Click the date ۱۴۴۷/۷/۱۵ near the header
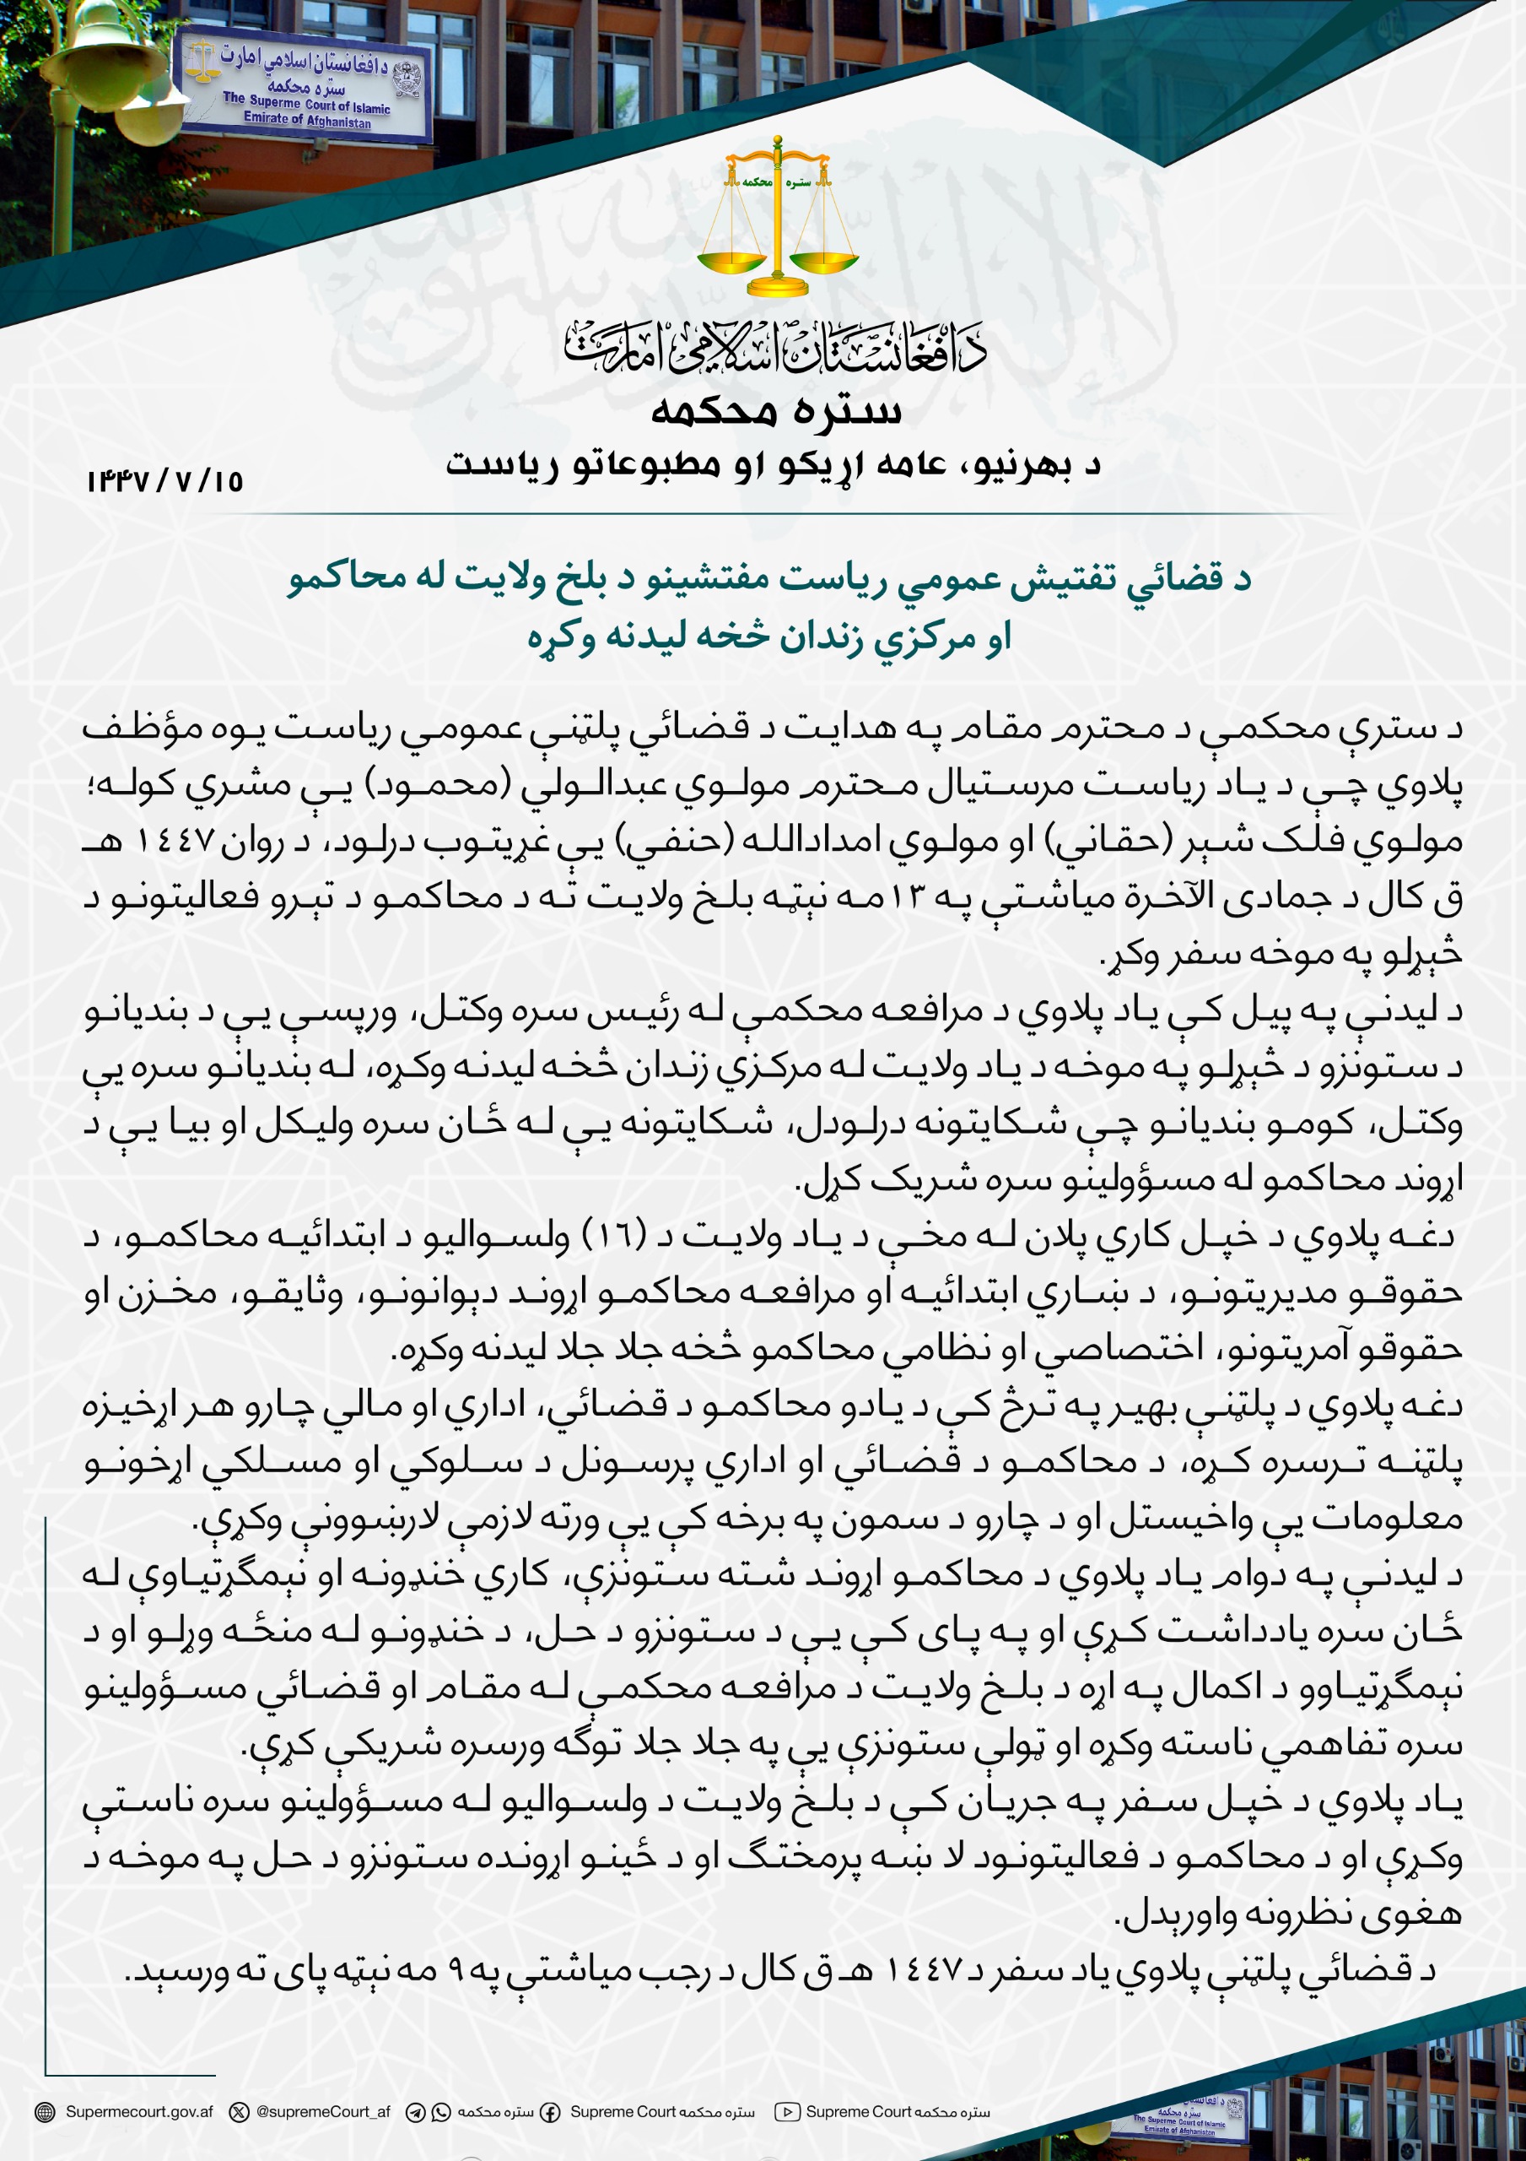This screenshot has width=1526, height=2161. tap(164, 482)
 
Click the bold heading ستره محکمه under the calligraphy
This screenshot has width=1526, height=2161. tap(776, 412)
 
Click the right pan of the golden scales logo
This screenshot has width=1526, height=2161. tap(825, 260)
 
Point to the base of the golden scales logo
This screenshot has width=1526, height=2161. tap(777, 286)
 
